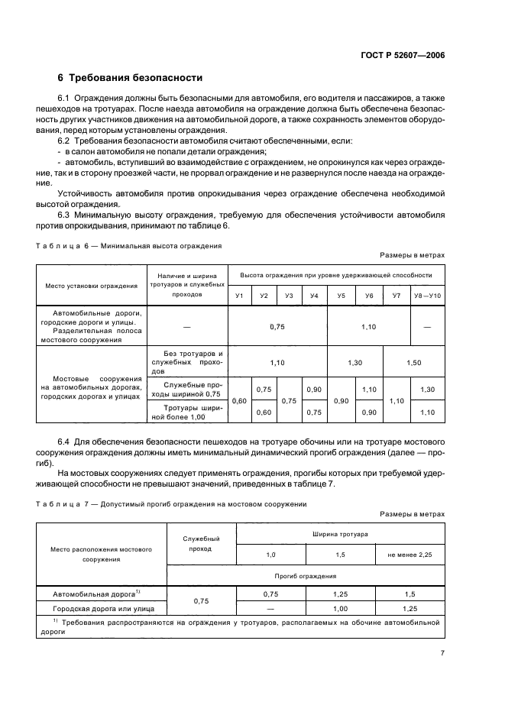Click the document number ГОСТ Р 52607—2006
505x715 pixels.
coord(406,54)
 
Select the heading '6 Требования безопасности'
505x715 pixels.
coord(130,78)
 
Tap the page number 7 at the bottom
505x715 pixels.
coord(442,653)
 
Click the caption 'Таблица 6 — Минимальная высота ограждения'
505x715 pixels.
coord(129,247)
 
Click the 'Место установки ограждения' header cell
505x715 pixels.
coord(91,285)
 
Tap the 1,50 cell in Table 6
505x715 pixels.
coord(413,363)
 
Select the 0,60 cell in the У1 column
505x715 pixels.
coord(239,400)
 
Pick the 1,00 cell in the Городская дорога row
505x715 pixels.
coord(340,609)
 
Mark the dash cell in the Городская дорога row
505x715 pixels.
coord(271,609)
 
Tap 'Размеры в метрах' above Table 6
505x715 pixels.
coord(411,255)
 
